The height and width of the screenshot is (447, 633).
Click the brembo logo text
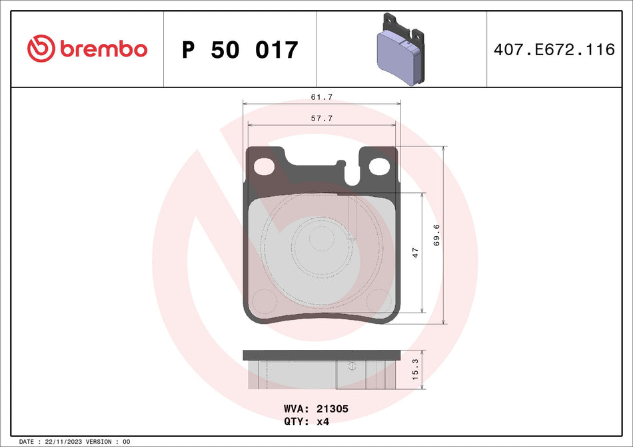pos(103,49)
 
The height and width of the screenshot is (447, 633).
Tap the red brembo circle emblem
pos(40,49)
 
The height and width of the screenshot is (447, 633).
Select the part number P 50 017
pos(240,50)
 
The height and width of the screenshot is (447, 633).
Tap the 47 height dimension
pos(415,253)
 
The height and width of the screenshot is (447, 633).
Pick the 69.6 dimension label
pos(436,235)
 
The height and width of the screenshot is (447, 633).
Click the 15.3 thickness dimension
pos(415,370)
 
